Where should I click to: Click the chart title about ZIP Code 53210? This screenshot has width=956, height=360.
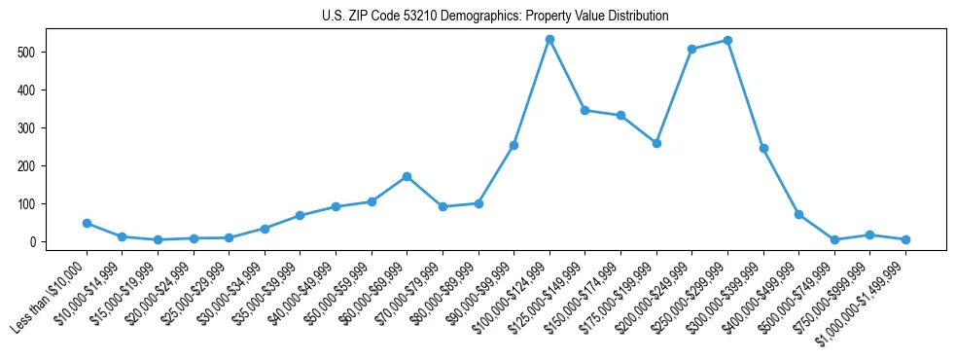pyautogui.click(x=495, y=17)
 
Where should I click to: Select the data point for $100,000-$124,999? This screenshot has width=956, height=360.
pyautogui.click(x=549, y=39)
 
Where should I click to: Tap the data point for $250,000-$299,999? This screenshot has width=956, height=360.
pyautogui.click(x=727, y=41)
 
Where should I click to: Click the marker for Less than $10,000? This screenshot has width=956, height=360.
pyautogui.click(x=87, y=223)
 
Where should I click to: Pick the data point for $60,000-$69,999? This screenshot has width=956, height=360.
pyautogui.click(x=407, y=176)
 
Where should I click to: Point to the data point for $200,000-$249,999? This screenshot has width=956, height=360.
pyautogui.click(x=691, y=49)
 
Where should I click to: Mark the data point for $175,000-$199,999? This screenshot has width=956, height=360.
pyautogui.click(x=656, y=143)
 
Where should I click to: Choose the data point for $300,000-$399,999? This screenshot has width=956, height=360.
pyautogui.click(x=763, y=148)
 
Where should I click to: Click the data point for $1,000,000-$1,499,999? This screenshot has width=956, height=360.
pyautogui.click(x=905, y=239)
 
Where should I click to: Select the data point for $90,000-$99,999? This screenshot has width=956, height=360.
pyautogui.click(x=513, y=145)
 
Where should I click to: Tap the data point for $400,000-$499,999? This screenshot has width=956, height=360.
pyautogui.click(x=798, y=214)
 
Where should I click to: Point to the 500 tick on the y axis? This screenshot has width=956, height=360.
pyautogui.click(x=39, y=52)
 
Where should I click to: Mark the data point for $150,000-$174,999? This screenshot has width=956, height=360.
pyautogui.click(x=620, y=115)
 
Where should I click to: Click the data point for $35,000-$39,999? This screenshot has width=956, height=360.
pyautogui.click(x=300, y=215)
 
